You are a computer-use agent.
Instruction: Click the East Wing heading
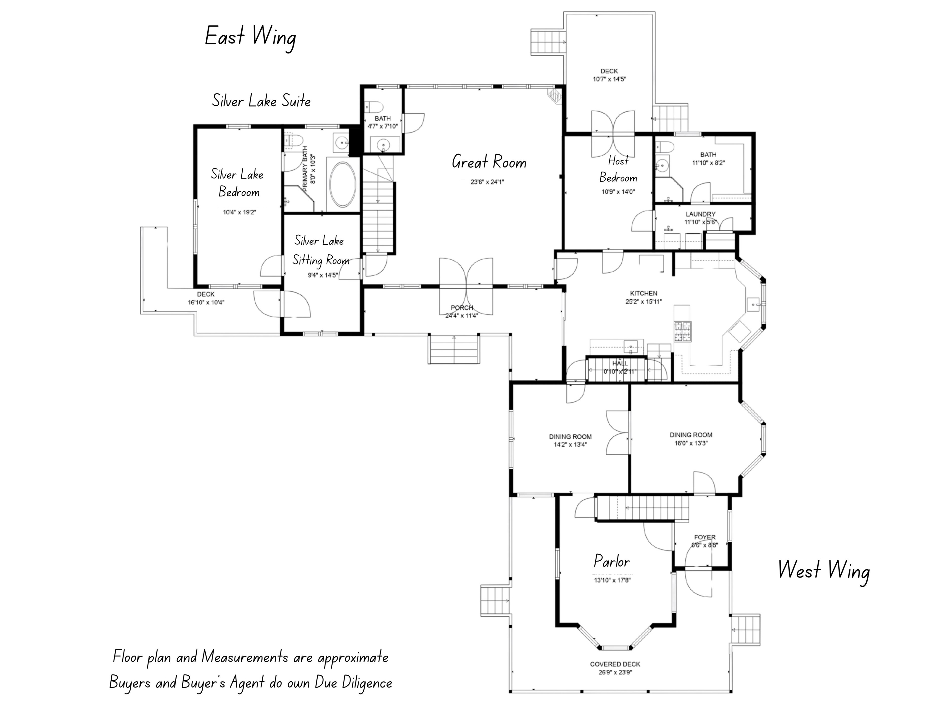[x=250, y=37]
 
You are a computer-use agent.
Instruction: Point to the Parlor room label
[x=612, y=561]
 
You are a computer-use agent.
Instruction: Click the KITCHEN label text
[x=643, y=293]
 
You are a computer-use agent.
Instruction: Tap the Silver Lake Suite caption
[x=261, y=101]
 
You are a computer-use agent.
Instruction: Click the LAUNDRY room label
[x=700, y=214]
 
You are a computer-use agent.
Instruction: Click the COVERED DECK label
[x=615, y=664]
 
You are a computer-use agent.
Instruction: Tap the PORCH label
[x=462, y=307]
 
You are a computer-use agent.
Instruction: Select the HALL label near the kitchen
[x=620, y=363]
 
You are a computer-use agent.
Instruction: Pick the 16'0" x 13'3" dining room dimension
[x=691, y=443]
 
